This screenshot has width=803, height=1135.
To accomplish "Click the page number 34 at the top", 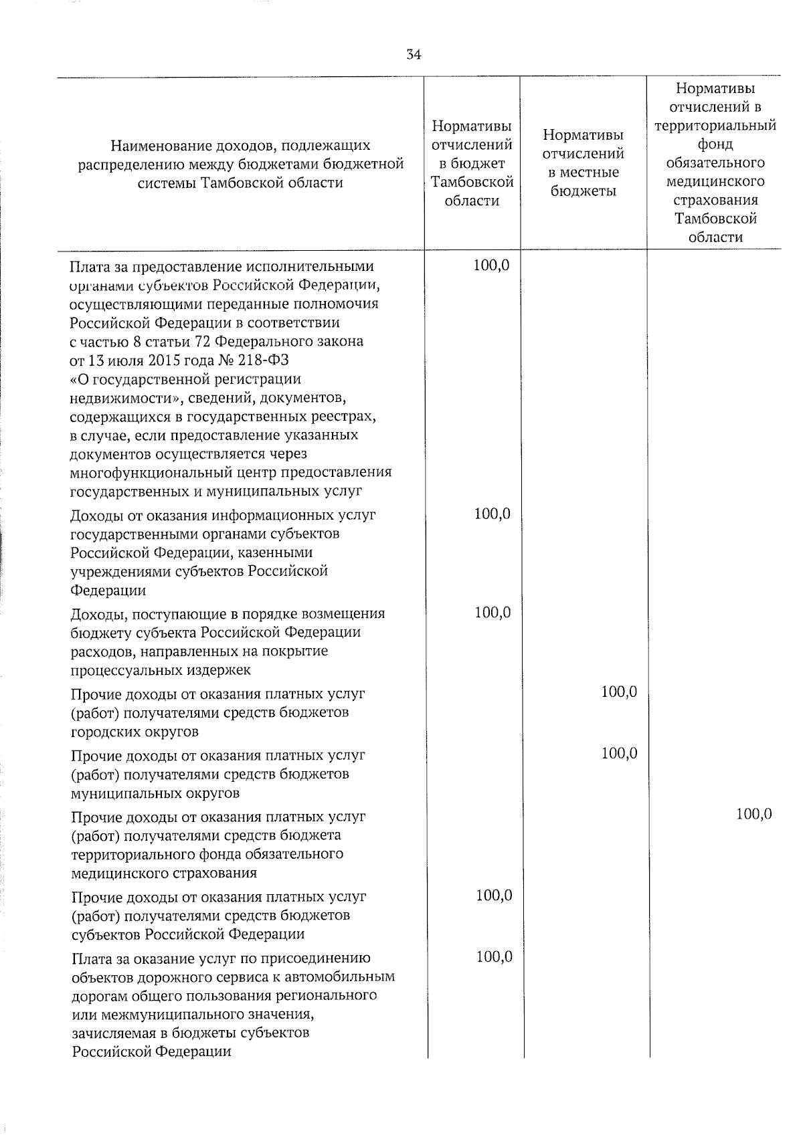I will [x=414, y=56].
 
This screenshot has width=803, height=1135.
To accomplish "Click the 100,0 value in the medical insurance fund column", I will [x=753, y=814].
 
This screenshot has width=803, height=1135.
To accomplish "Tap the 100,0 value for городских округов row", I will [x=619, y=692].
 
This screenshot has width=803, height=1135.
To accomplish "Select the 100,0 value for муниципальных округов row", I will [x=619, y=753].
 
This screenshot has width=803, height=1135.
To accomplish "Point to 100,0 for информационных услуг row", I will [x=493, y=514].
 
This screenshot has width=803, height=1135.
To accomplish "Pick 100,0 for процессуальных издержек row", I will [x=493, y=612].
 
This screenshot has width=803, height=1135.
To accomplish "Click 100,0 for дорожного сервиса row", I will [x=494, y=956].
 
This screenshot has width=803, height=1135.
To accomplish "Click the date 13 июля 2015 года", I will [x=146, y=360].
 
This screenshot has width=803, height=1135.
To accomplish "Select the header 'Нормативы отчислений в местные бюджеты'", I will [x=583, y=163].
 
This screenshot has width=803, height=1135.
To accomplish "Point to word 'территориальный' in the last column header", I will [x=715, y=126].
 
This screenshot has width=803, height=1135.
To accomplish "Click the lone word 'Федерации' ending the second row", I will [x=108, y=591].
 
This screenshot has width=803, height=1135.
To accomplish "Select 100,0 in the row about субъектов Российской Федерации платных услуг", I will [x=494, y=895].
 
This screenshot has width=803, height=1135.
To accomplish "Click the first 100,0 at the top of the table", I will [x=491, y=266].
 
